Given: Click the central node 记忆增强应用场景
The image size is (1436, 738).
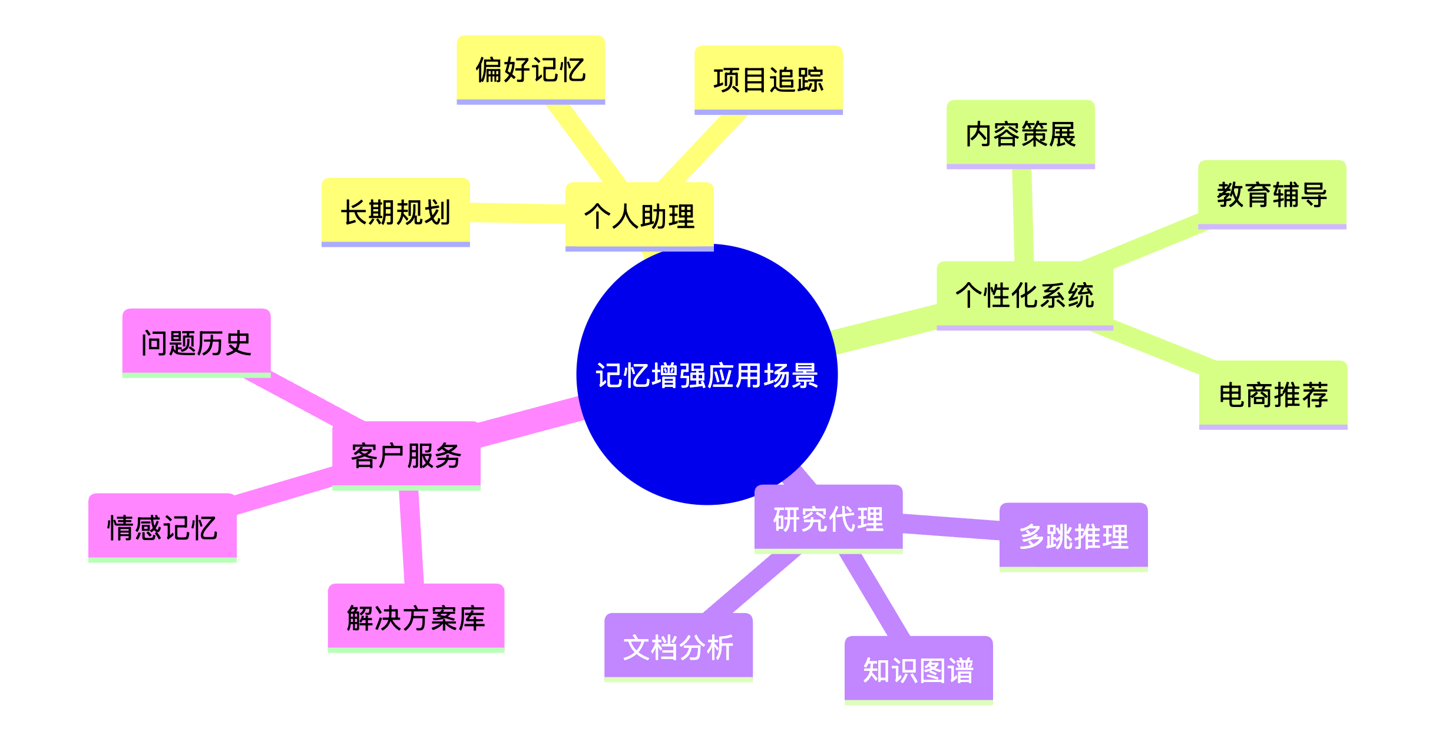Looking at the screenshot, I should pos(706,375).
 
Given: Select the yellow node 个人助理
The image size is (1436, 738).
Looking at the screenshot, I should pos(639,216).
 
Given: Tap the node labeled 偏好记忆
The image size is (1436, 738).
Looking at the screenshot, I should pos(531,69).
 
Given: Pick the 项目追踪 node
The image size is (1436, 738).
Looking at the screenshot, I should pos(768,79).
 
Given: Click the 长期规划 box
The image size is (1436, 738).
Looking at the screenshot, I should pos(395,211).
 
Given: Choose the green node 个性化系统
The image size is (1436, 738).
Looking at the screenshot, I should pos(1024,294).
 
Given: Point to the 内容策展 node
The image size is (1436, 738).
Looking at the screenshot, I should pos(1020,134).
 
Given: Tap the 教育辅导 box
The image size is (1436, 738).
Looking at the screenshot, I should pos(1272,194).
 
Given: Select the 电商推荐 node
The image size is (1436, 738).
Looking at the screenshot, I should pos(1273,394).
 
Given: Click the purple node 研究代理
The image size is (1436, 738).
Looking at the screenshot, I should pos(828,518).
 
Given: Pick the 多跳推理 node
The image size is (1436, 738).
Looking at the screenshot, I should pos(1073,536).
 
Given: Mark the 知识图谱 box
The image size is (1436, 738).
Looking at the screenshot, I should pos(918,670).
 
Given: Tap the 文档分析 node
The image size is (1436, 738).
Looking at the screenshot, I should pos(678,647).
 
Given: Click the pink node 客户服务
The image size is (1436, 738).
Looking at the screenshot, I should pos(406,455).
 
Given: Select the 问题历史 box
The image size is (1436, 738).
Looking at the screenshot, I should pos(196,342).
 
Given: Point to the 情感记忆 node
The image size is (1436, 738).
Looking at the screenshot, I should pos(162,527).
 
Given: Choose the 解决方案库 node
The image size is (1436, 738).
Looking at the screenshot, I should pos(416,617).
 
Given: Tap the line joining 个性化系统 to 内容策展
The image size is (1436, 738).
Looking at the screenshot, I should pos(1023,215).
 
